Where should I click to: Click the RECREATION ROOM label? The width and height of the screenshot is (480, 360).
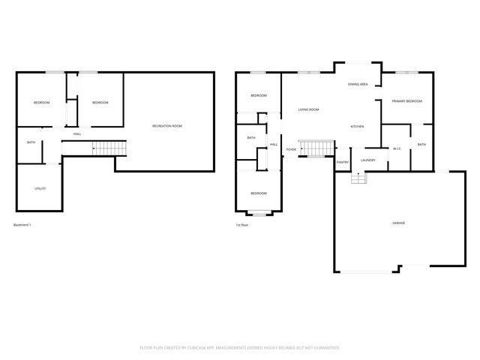166,126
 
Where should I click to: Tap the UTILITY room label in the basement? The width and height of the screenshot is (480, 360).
40,188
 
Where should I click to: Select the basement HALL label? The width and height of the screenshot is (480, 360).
76,133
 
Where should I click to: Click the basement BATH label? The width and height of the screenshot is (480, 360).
31,142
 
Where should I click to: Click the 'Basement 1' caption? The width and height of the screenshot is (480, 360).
22,225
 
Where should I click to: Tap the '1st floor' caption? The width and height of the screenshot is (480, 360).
242,225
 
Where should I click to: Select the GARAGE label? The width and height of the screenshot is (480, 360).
398,223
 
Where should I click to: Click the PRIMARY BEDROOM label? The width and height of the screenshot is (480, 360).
406,101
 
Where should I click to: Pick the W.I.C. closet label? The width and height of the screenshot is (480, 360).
397,148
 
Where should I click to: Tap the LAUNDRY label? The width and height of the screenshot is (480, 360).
367,160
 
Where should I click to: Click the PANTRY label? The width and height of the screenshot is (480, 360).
342,162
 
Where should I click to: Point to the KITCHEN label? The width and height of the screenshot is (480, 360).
357,126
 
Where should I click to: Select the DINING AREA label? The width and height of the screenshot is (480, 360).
357,85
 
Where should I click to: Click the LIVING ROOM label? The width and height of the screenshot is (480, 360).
308,109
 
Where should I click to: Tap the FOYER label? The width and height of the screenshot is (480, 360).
290,149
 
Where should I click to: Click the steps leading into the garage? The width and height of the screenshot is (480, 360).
358,178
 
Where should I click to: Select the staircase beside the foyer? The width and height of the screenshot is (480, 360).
316,148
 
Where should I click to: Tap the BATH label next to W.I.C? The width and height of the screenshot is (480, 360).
421,145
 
